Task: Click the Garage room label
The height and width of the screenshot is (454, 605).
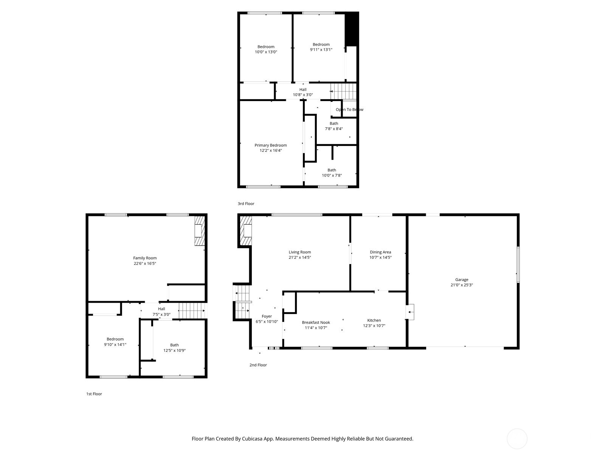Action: tap(461, 280)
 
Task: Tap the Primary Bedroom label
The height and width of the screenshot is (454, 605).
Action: tap(270, 145)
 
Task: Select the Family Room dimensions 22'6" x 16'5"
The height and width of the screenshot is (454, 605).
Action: tap(145, 263)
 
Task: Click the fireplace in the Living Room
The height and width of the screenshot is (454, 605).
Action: tap(246, 230)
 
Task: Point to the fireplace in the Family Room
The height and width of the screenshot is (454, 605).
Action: tap(199, 231)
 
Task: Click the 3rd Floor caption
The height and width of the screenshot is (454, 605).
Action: tap(246, 204)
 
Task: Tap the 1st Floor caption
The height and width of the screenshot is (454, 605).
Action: tap(94, 394)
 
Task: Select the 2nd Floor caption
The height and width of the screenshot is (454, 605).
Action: tap(258, 365)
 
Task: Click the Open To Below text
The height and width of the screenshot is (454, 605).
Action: tap(349, 110)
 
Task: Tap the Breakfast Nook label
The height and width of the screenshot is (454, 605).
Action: tap(316, 322)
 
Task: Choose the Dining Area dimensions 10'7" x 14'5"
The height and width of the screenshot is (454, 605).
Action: tap(380, 257)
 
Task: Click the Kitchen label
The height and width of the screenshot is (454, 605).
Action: tap(374, 320)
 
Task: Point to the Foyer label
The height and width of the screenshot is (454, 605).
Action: tap(267, 316)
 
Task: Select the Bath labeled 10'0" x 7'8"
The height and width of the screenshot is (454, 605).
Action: tap(332, 173)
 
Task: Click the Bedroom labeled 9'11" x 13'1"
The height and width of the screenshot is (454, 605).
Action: tap(321, 47)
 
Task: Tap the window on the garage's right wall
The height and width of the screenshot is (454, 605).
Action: tap(518, 264)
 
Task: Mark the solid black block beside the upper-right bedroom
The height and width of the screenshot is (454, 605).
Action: tap(352, 29)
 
